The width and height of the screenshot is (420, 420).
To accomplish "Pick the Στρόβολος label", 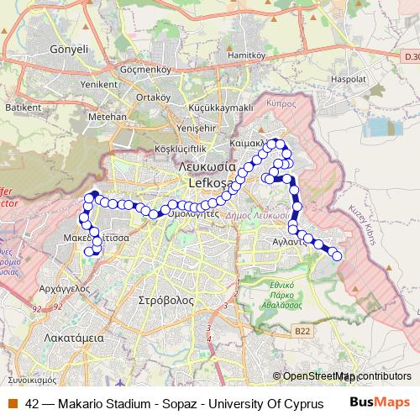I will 167,299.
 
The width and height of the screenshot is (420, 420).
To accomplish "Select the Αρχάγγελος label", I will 64,287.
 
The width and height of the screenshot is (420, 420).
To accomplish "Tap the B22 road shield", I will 303,332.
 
